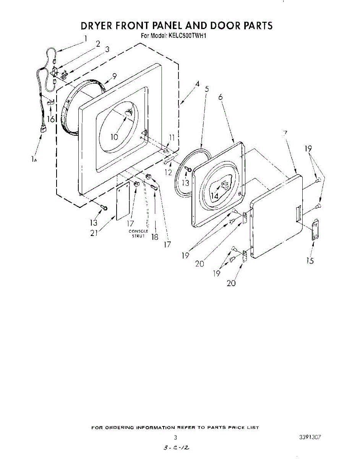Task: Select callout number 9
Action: (114, 76)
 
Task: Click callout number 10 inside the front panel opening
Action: (114, 137)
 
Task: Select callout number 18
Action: (155, 237)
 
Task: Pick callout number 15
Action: (310, 261)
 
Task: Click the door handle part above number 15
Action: (315, 230)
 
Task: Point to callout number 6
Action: (221, 97)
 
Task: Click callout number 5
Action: (207, 89)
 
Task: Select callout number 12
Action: (169, 172)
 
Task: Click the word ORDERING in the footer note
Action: (120, 427)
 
